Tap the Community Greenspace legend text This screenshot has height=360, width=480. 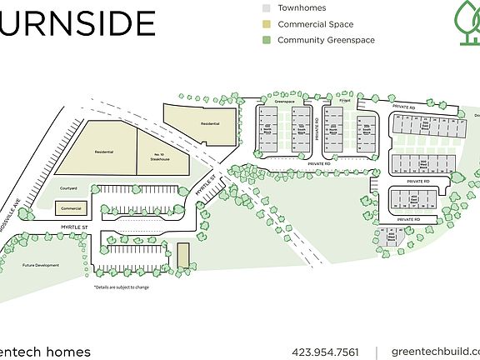tap(326, 39)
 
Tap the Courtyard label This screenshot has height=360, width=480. tap(68, 188)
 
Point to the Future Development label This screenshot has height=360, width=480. tap(41, 265)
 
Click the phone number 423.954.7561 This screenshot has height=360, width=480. tap(327, 352)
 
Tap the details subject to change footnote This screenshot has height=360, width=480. tap(121, 287)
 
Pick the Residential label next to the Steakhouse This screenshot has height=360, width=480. tap(104, 152)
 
